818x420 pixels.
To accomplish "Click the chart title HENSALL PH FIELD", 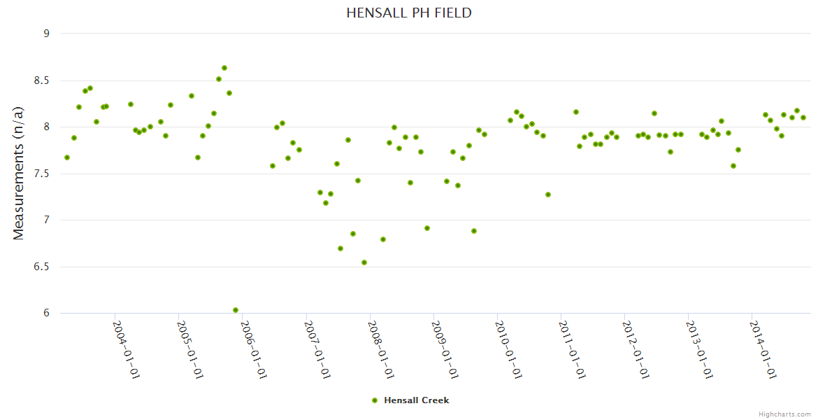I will point(409,13).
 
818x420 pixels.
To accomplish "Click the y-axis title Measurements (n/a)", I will point(19,173).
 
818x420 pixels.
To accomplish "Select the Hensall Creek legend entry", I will point(415,400).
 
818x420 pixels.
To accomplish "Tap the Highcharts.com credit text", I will point(784,414).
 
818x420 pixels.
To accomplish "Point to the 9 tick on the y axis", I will point(47,34).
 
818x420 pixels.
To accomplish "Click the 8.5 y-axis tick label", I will point(43,80).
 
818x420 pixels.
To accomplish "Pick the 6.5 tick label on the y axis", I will point(43,267).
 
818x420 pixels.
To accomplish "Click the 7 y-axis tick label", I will point(47,220).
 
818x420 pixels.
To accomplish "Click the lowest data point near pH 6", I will point(236,310).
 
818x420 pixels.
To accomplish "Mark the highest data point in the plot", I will point(224,68).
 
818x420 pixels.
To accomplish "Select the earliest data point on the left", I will point(67,157).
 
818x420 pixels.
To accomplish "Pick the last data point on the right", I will point(803,118).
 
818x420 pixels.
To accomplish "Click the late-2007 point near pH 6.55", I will point(364,262).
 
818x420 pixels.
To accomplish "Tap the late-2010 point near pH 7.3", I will point(548,195).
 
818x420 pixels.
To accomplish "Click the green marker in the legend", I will point(374,400).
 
